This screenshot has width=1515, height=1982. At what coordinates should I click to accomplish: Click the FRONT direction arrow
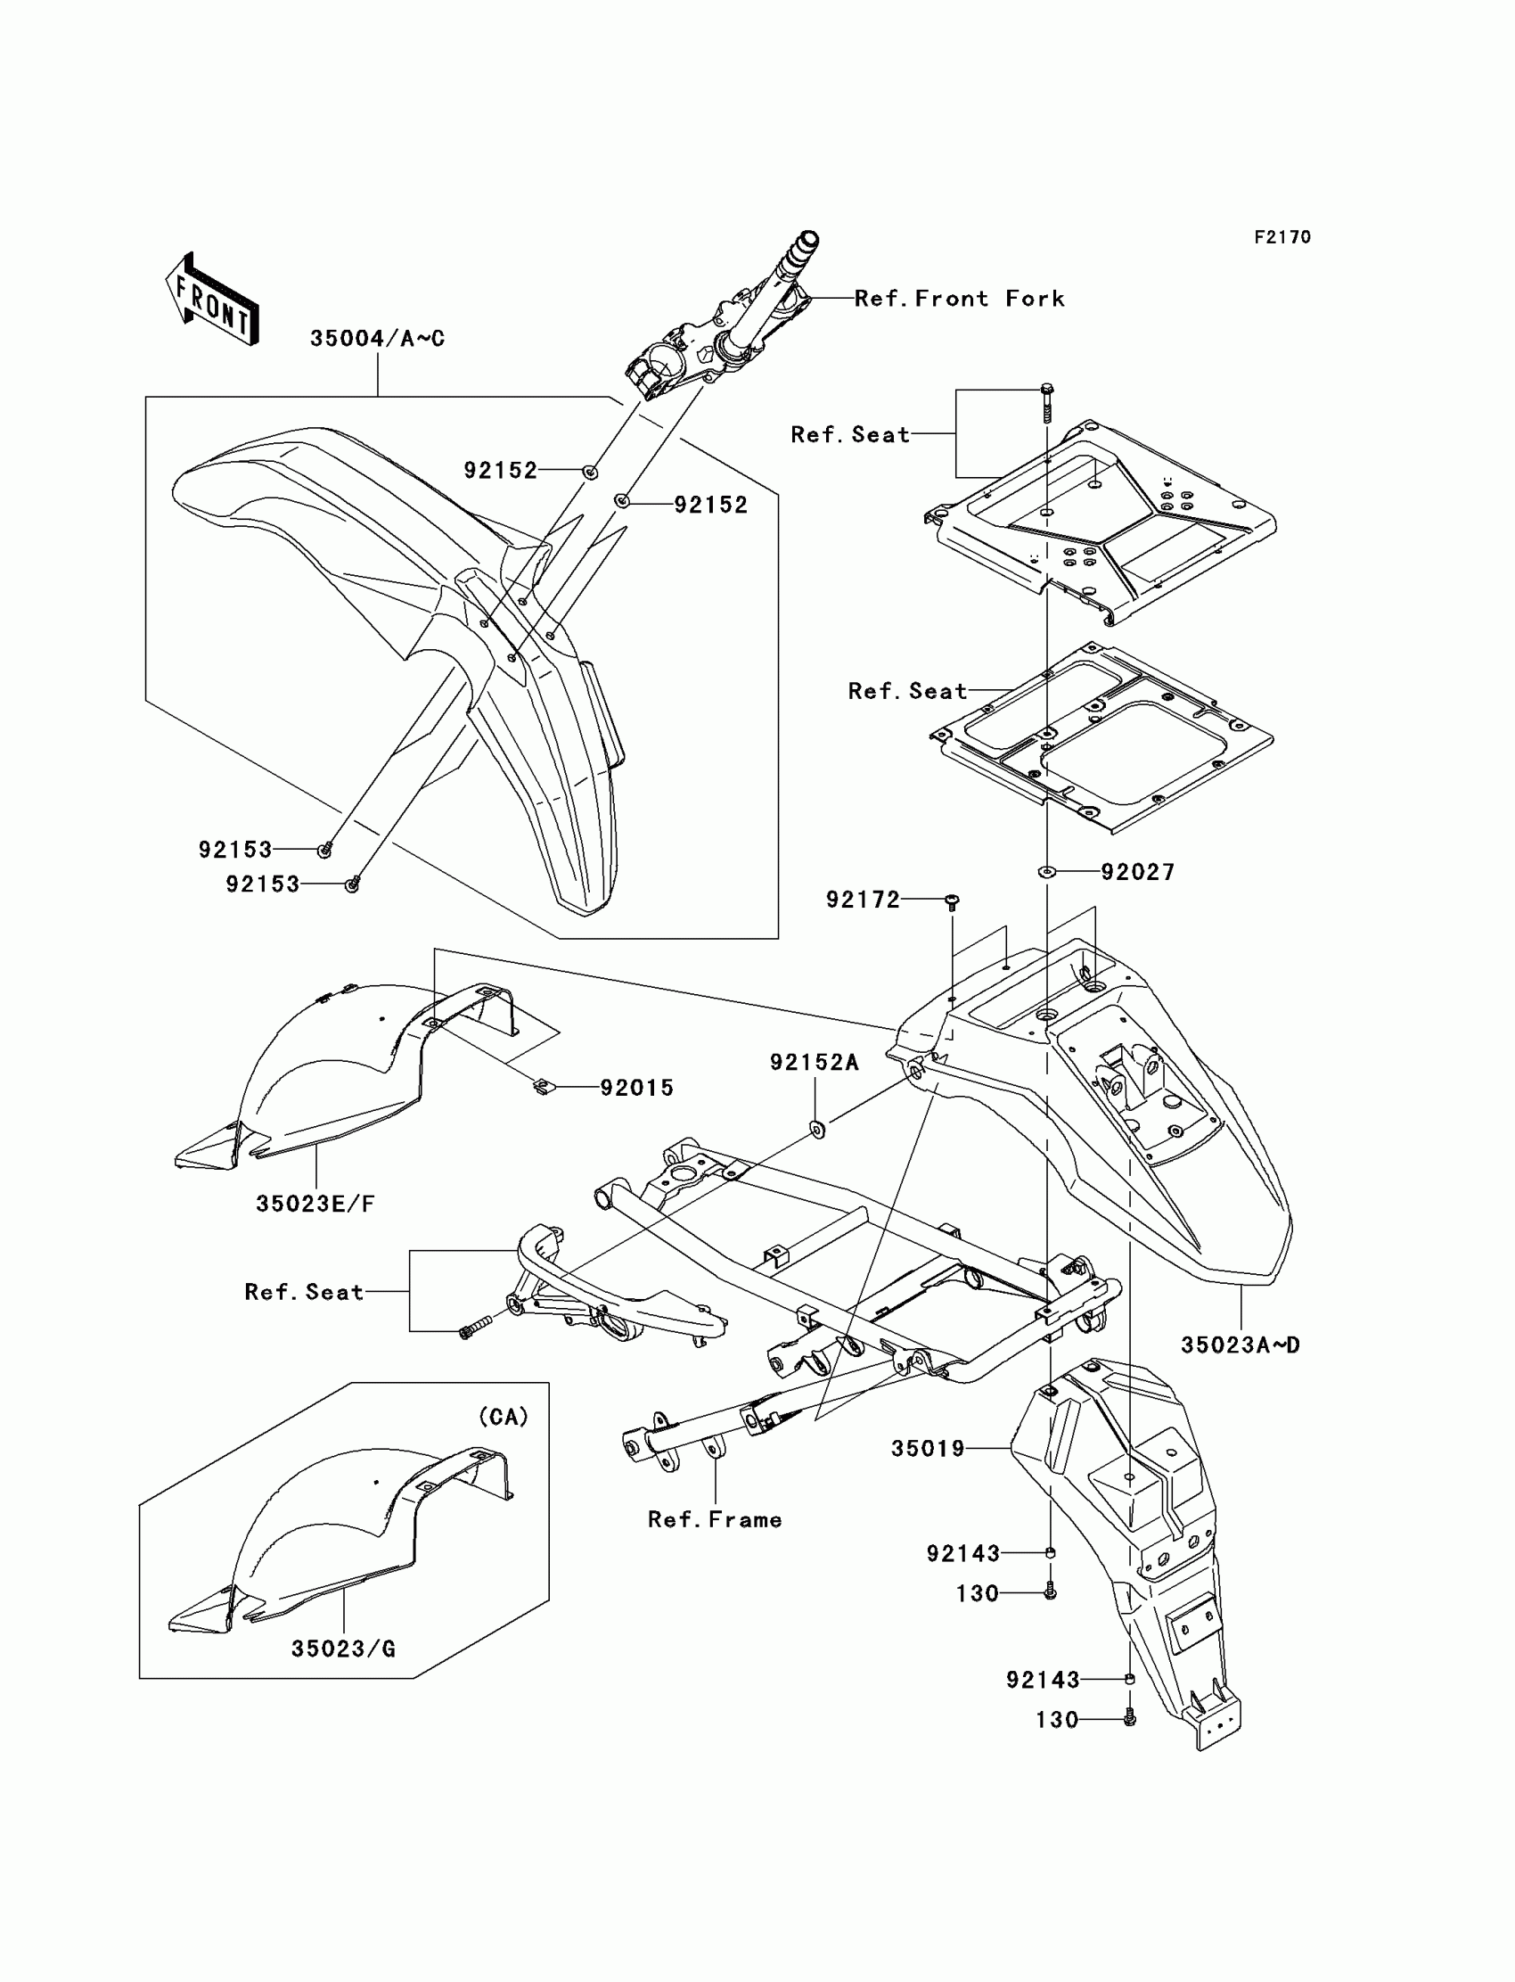coord(213,300)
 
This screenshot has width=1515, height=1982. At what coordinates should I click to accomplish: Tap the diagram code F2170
coord(1282,237)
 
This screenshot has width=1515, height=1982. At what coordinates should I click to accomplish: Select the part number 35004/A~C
coord(377,339)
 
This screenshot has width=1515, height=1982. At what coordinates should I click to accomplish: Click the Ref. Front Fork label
coord(959,299)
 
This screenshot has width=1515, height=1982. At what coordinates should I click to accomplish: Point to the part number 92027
coord(1137,872)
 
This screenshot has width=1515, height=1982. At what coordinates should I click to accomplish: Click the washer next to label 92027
coord(1046,871)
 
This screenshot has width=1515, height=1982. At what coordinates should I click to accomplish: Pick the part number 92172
coord(863,900)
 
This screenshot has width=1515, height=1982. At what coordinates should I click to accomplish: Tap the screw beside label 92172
coord(953,901)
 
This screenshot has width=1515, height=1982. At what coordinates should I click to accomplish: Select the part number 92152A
coord(814,1063)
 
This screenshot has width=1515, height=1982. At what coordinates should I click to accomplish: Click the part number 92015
coord(636,1088)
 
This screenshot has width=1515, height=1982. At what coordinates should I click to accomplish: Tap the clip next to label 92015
coord(540,1087)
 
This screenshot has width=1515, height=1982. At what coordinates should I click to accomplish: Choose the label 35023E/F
coord(315,1204)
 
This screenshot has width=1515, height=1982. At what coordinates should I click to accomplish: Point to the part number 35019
coord(928,1449)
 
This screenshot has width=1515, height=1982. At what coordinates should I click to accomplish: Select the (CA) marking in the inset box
coord(504,1418)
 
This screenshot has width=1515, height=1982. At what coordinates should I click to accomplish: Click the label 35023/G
coord(343,1649)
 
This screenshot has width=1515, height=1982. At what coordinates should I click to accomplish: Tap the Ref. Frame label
coord(714,1520)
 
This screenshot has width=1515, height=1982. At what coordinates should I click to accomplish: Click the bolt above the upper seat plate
coord(1046,403)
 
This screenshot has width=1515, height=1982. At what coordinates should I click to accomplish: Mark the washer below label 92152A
coord(818,1129)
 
